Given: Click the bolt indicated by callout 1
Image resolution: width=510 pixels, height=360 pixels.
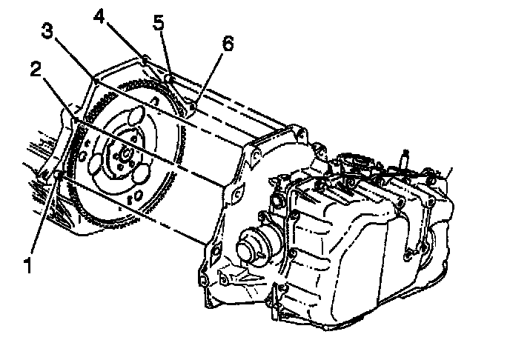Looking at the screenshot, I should click(58, 175).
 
